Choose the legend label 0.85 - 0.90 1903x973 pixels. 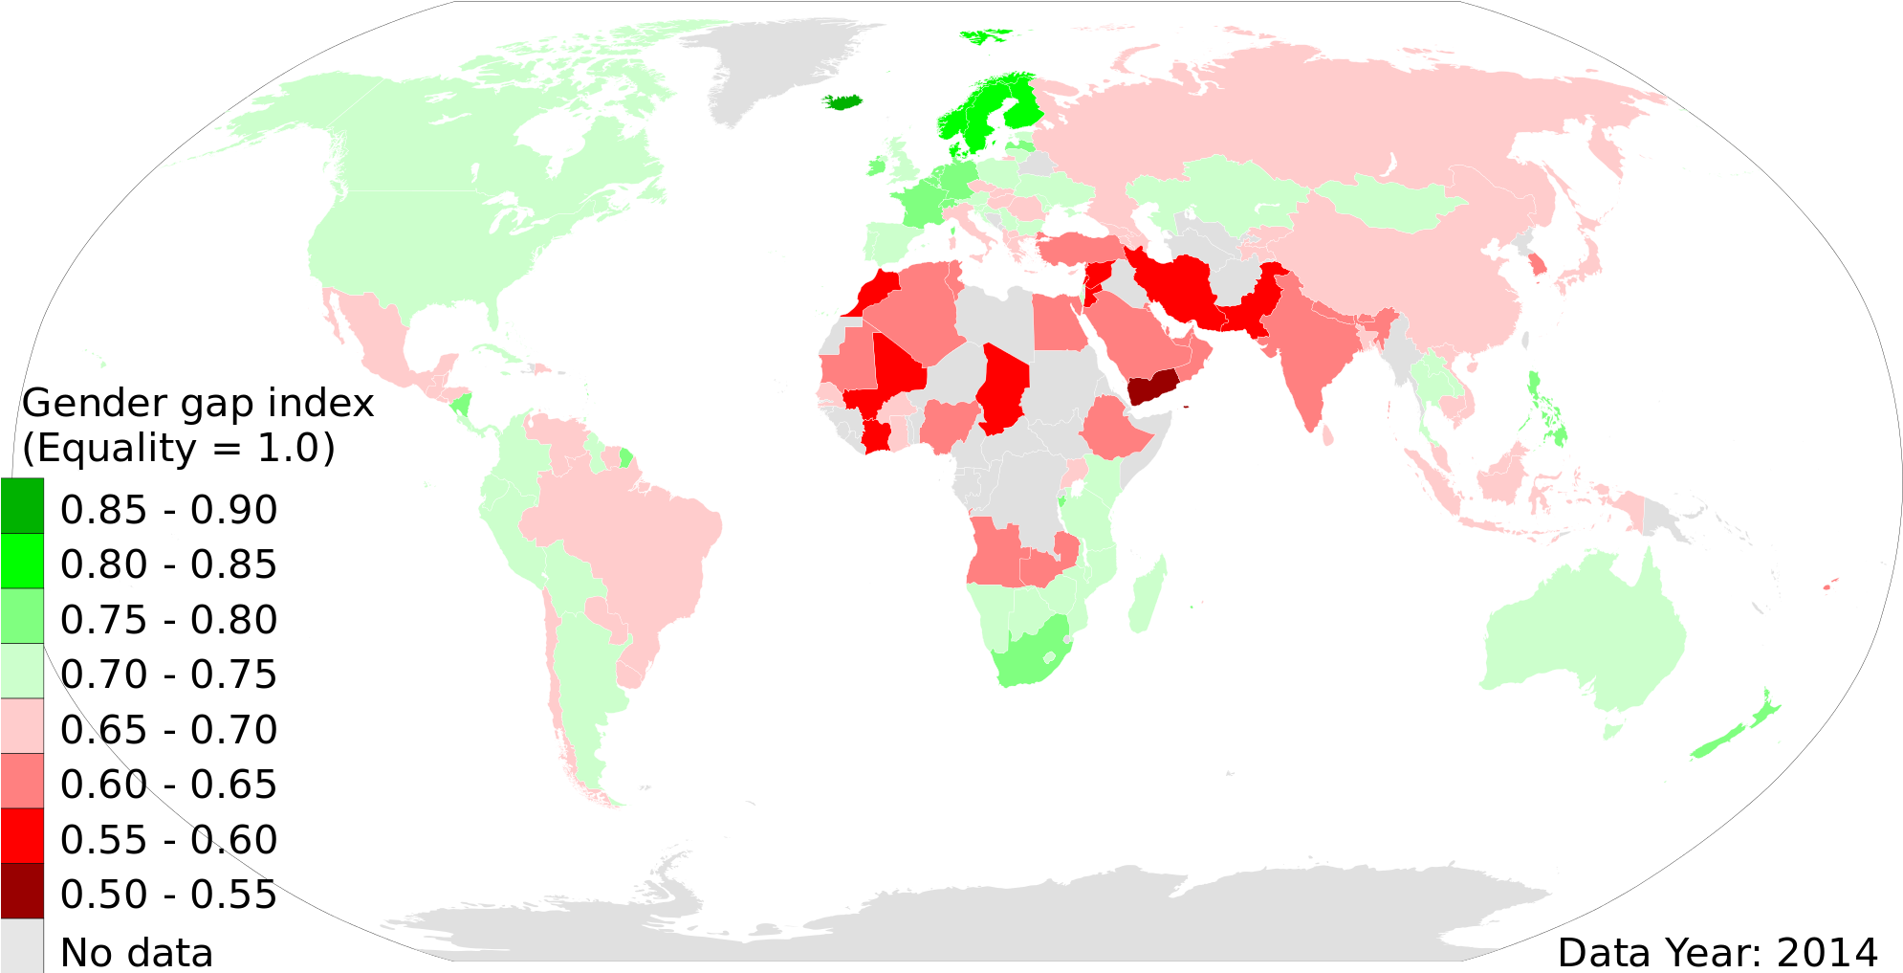[x=168, y=510]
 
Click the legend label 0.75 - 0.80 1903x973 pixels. [x=168, y=620]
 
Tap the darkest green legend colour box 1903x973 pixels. [x=22, y=505]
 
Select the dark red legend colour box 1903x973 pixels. [x=22, y=890]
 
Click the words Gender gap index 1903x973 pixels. [x=198, y=404]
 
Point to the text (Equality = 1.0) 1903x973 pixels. [x=179, y=448]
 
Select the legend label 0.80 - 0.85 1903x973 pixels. [x=168, y=564]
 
